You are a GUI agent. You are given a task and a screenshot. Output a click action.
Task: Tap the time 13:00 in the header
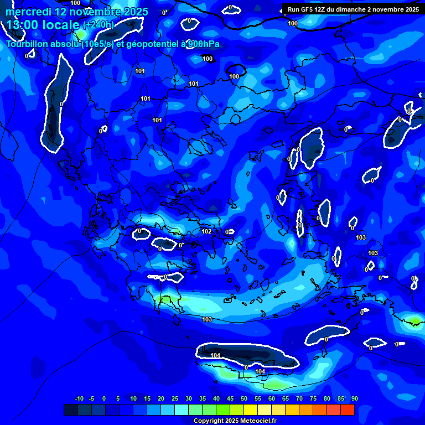tap(24, 25)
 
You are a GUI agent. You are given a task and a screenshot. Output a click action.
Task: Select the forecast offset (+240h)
tap(98, 25)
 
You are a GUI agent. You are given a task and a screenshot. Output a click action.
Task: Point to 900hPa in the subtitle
tap(204, 44)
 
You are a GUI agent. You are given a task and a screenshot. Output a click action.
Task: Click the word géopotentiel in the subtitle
tap(148, 44)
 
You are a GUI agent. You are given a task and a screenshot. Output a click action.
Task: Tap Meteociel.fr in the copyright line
tap(252, 421)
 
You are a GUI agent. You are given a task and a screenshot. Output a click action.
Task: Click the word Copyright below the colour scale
tap(210, 421)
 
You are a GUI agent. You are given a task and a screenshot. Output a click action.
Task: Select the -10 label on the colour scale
tap(79, 398)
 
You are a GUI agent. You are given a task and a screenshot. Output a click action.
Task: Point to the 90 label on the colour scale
tap(354, 398)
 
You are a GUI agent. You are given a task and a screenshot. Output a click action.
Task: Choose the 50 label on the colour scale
tap(244, 398)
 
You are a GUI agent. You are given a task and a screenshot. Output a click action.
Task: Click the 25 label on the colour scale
tap(175, 398)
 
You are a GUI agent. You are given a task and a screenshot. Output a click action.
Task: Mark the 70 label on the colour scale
tap(299, 398)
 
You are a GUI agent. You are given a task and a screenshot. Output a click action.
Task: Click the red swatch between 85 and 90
tap(348, 410)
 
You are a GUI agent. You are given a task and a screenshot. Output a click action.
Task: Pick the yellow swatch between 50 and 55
tap(251, 410)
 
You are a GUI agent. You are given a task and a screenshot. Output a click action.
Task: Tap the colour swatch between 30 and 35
tap(195, 410)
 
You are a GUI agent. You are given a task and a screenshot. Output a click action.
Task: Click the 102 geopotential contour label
tap(206, 231)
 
